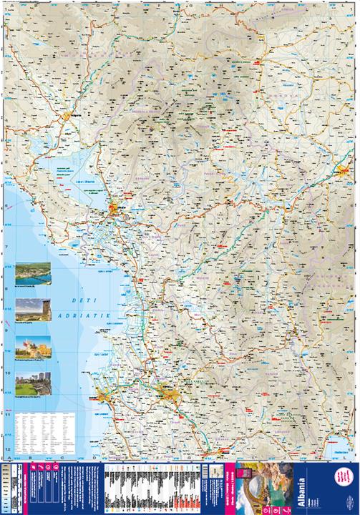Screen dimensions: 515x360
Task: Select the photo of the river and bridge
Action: pos(32,273)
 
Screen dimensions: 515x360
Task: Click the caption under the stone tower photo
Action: pos(32,327)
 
